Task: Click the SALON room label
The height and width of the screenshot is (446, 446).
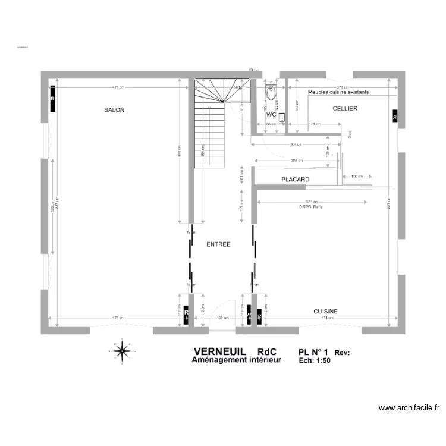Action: click(114, 110)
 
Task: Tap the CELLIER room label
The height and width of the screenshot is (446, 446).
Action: click(345, 109)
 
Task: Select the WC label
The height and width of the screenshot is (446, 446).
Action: click(271, 114)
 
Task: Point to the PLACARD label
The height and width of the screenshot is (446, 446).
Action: click(294, 179)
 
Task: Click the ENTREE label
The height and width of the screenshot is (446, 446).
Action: click(218, 244)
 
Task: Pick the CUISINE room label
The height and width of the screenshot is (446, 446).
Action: click(325, 312)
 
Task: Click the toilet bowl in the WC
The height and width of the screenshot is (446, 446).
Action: click(272, 93)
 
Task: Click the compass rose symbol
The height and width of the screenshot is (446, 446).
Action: click(122, 351)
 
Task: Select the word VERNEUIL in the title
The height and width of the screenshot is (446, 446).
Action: click(219, 352)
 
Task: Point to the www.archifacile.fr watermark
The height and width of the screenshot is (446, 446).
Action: click(409, 408)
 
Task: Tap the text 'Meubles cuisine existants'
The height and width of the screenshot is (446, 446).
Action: click(338, 92)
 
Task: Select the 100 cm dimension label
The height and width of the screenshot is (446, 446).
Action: click(357, 177)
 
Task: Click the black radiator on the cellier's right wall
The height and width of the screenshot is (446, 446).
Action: click(395, 117)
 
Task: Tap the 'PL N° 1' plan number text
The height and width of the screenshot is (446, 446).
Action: click(313, 353)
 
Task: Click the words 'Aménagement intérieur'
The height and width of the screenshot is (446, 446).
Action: click(236, 360)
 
